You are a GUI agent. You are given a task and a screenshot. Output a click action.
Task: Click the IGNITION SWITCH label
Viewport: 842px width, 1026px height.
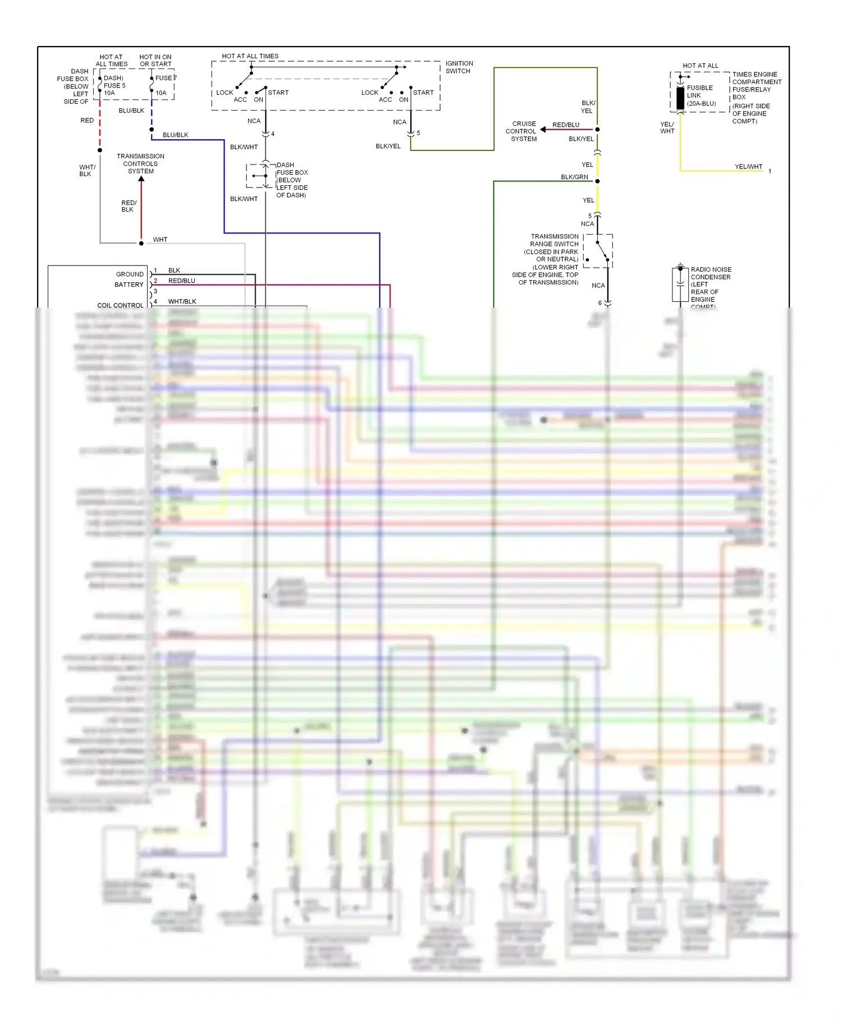[459, 67]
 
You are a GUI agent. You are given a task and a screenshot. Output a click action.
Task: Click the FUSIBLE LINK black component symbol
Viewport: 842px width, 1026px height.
[680, 98]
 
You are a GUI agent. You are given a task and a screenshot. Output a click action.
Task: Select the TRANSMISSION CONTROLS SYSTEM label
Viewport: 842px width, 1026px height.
[140, 164]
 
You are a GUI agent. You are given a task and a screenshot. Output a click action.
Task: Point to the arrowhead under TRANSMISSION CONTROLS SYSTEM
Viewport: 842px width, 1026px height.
[141, 179]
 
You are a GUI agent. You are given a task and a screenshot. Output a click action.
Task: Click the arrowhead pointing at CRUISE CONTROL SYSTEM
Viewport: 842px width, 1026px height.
[543, 130]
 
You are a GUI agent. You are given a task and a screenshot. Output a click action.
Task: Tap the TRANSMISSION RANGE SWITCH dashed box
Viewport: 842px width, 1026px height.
[598, 251]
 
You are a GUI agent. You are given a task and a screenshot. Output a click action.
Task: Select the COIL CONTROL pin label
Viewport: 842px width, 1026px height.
[120, 305]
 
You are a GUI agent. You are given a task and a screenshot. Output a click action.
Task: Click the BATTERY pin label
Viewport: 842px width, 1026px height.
[129, 285]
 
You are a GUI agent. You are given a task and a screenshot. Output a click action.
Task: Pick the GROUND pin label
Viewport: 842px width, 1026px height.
[130, 274]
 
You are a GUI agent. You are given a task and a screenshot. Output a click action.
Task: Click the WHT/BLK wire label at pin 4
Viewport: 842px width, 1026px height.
[182, 301]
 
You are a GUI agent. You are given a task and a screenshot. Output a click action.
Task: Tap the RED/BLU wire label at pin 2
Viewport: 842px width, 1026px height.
[181, 281]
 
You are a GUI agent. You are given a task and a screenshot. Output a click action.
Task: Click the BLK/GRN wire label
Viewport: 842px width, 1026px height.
[574, 177]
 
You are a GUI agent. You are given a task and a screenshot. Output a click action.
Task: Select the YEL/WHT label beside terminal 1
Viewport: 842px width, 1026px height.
[748, 167]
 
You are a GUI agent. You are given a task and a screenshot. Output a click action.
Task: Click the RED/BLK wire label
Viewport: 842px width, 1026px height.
[129, 206]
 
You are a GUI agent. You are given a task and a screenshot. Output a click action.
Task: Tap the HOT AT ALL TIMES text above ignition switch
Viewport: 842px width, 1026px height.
[250, 56]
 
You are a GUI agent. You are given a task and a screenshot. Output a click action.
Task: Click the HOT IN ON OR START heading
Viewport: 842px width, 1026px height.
[155, 61]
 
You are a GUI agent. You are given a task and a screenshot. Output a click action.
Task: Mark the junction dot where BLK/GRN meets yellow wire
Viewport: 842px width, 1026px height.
[597, 181]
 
